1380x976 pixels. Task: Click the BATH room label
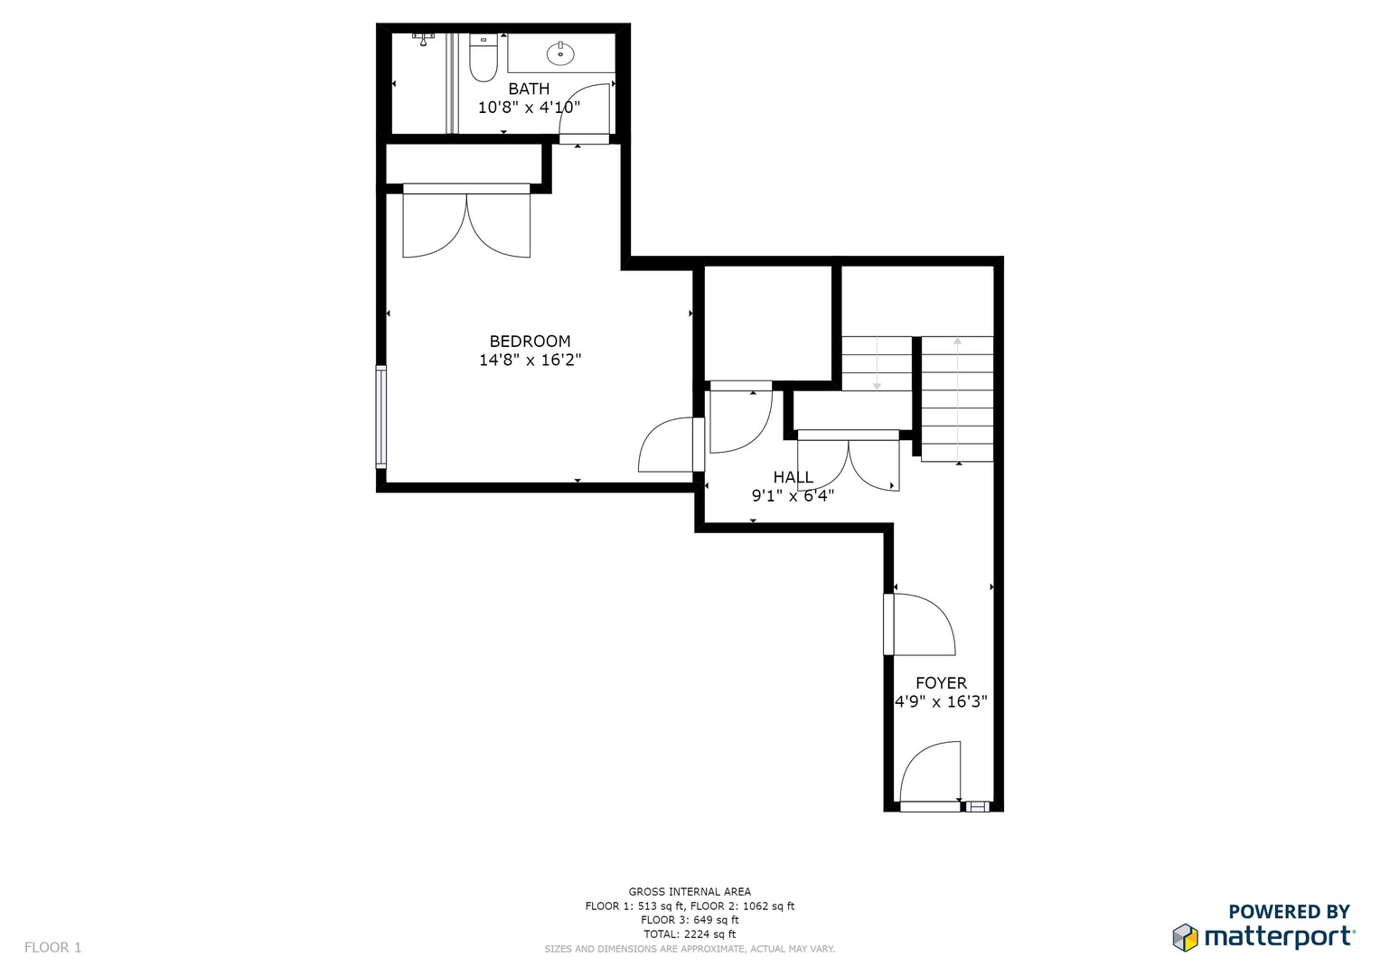click(529, 89)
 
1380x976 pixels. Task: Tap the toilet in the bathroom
click(483, 58)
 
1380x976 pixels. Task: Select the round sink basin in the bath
click(560, 53)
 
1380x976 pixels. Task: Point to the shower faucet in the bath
click(423, 40)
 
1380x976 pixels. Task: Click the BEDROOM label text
click(530, 342)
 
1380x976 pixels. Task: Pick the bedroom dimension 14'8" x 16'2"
click(530, 360)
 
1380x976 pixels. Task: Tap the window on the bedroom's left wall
click(381, 418)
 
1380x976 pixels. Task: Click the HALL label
click(793, 477)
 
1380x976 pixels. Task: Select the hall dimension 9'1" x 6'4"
click(793, 495)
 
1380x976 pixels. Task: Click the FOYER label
click(942, 682)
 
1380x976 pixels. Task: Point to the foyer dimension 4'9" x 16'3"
click(942, 701)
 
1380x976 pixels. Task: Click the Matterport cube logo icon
click(1186, 937)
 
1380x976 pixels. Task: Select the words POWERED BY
click(1289, 911)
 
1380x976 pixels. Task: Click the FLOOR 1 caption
click(53, 947)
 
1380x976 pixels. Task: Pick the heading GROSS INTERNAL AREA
click(690, 892)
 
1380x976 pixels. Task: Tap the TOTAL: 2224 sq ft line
click(690, 934)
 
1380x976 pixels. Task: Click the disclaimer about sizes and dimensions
click(690, 949)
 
